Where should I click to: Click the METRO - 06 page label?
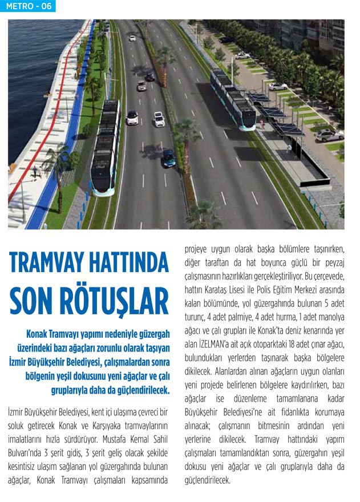click(29, 6)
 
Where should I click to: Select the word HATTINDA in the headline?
click(130, 262)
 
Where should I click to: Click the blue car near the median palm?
click(169, 159)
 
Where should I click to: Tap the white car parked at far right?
click(331, 135)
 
